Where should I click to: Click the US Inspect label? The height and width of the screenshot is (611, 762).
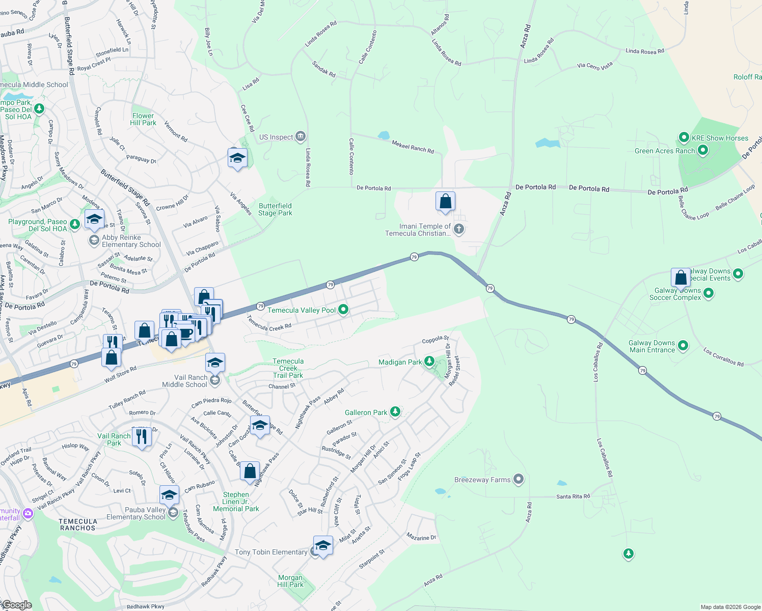coord(276,137)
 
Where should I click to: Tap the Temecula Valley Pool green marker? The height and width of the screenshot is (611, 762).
coord(343,310)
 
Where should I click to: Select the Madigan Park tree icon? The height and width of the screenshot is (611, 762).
coord(429,362)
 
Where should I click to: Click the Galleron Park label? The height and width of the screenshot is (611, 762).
coord(366,412)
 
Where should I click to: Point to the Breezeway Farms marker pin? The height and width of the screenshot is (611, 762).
coord(519,479)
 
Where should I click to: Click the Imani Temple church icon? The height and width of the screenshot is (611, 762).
coord(459,229)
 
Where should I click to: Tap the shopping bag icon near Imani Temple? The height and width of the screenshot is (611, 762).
coord(445,202)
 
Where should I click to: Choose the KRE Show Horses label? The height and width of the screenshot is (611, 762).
coord(720,138)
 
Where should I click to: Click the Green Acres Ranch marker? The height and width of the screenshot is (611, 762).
coord(703,150)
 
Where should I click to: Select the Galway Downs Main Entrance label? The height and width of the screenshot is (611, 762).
coord(651,346)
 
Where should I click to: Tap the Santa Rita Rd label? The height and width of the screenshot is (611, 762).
coord(573,496)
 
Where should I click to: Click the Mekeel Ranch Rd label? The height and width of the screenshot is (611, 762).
coord(413,147)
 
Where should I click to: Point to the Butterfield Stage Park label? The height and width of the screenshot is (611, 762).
coord(275,209)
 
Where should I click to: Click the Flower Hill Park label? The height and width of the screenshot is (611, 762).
coord(143,119)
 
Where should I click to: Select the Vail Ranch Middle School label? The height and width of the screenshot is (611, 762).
coord(184,381)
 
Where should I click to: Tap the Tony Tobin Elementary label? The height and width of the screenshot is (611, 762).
coord(271,552)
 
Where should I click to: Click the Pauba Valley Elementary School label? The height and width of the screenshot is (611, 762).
coord(136,513)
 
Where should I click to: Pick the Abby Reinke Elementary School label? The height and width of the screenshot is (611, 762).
coord(131,241)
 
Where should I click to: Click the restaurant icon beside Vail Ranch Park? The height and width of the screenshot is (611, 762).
coord(142,437)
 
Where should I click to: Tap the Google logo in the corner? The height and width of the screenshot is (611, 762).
coord(17,605)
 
